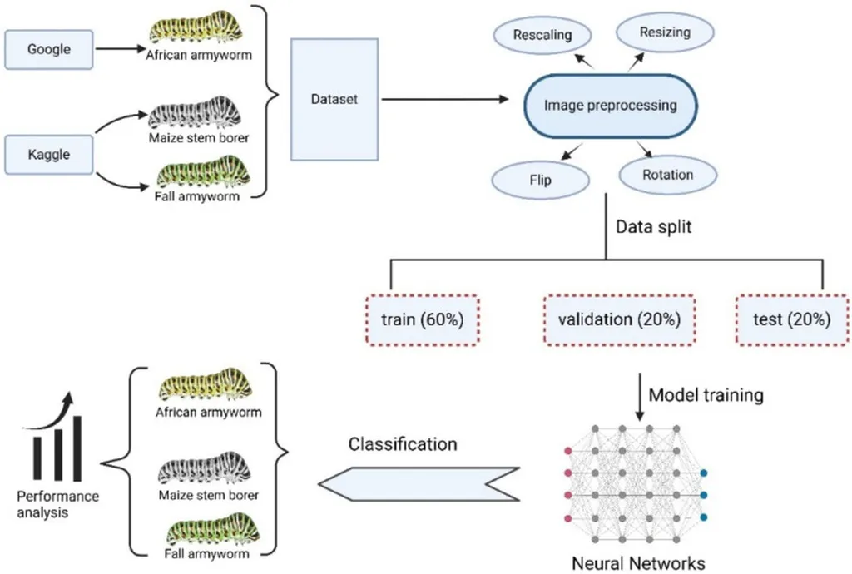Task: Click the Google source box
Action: (49, 49)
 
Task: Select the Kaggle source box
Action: (49, 154)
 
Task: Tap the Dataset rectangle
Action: (334, 99)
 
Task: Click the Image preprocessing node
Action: (610, 106)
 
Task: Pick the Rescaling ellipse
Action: (542, 35)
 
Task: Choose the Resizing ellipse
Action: (665, 32)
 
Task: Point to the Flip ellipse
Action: (541, 178)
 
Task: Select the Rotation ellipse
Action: (667, 175)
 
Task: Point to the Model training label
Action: (706, 395)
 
